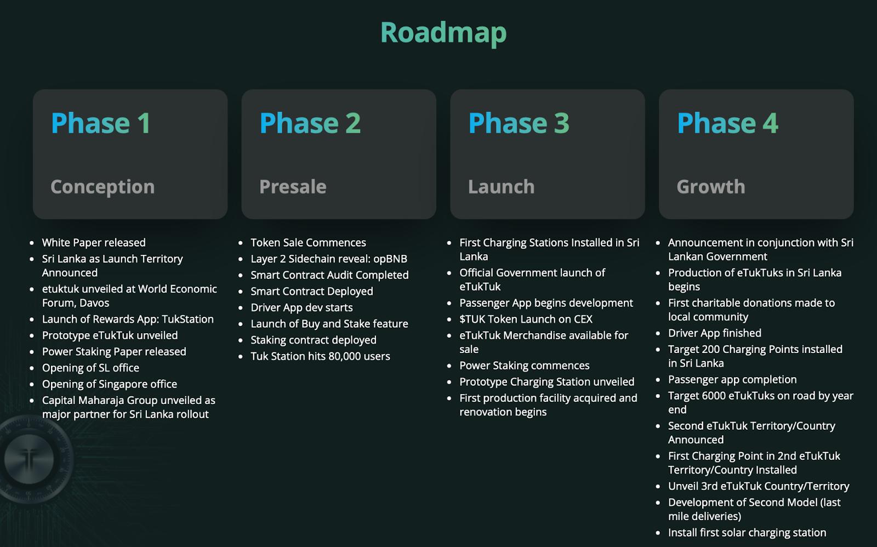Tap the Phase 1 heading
coord(101,123)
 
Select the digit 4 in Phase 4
coord(770,123)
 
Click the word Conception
coord(102,187)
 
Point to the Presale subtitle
coord(293,187)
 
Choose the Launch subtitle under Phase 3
coord(501,187)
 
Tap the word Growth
coord(711,187)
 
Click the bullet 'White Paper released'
coord(94,242)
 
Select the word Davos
coord(95,303)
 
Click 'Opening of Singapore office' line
coord(110,384)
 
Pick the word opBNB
coord(390,259)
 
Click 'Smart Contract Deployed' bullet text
coord(312,292)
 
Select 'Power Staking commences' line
coord(525,366)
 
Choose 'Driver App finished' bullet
coord(715,333)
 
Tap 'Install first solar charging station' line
coord(748,533)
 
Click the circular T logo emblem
coord(30,459)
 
